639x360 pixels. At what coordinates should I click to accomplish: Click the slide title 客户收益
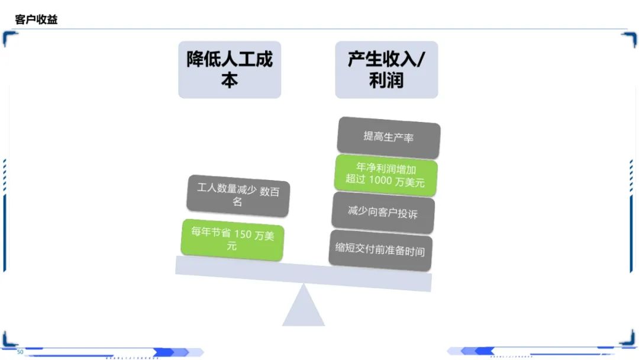36,19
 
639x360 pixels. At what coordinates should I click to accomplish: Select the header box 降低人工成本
230,70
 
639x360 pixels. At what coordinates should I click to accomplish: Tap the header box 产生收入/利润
386,70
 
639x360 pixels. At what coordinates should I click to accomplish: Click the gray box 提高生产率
388,137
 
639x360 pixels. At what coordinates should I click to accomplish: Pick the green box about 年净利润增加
386,175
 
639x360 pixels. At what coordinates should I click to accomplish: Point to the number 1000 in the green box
380,180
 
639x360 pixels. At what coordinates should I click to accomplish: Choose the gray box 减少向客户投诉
383,213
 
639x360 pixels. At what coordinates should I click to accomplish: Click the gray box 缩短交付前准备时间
380,250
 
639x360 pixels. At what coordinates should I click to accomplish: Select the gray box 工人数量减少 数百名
238,196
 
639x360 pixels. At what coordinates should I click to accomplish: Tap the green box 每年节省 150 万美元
233,240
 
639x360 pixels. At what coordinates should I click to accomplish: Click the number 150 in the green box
243,234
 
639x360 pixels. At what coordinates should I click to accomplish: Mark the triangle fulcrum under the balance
303,305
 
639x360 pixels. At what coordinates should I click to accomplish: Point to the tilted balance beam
303,274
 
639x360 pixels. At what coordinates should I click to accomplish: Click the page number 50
20,352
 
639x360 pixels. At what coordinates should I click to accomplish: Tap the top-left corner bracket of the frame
9,37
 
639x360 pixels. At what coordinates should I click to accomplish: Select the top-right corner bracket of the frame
630,38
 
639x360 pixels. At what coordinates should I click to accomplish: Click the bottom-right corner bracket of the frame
628,339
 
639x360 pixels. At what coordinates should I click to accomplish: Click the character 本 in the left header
230,80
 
